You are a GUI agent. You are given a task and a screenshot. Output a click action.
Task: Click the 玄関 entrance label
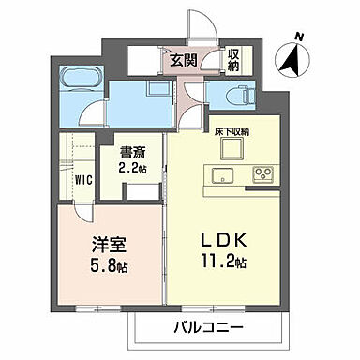point(182,61)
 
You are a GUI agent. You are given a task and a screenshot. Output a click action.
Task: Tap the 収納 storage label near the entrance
point(232,58)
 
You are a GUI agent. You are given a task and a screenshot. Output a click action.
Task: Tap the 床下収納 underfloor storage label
point(229,132)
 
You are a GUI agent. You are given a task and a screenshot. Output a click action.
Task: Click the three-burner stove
point(260,173)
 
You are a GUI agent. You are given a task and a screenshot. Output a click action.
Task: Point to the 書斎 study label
point(131,154)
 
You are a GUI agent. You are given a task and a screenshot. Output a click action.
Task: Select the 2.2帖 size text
point(131,169)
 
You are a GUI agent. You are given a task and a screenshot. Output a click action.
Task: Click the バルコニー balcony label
point(209,328)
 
